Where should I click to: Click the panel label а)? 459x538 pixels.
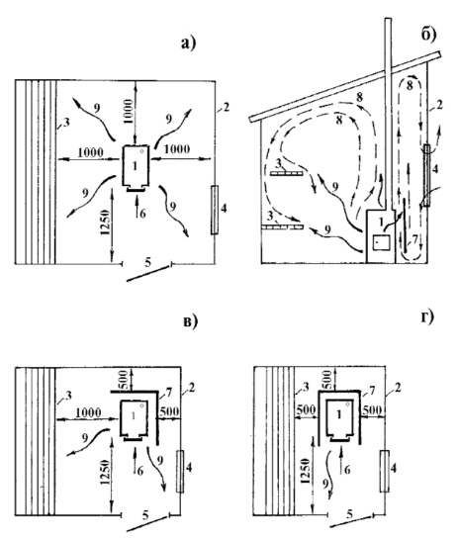click(x=188, y=44)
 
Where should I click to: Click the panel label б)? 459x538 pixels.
click(x=428, y=34)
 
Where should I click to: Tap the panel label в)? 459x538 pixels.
click(x=191, y=321)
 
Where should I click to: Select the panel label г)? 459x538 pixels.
click(x=427, y=316)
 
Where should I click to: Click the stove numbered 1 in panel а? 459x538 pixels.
click(x=136, y=166)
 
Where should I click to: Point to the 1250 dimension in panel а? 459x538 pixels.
click(x=106, y=223)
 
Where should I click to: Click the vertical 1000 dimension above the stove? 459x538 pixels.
click(x=128, y=111)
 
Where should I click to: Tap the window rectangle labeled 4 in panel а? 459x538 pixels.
click(x=215, y=210)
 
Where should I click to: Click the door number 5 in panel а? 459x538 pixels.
click(x=148, y=262)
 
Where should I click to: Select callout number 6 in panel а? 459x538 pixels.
click(x=142, y=214)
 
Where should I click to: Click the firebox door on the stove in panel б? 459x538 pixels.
click(x=381, y=241)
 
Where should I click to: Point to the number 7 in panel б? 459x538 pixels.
click(x=414, y=239)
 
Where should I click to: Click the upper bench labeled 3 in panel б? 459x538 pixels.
click(x=286, y=173)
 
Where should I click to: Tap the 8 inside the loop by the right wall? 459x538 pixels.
click(x=410, y=85)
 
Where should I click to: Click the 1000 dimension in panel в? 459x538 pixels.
click(x=88, y=412)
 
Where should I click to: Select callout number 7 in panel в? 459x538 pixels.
click(x=169, y=392)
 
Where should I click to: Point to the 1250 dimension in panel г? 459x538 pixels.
click(x=306, y=471)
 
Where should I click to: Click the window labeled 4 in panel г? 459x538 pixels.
click(x=384, y=471)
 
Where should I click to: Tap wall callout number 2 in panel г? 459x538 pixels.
click(x=397, y=388)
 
